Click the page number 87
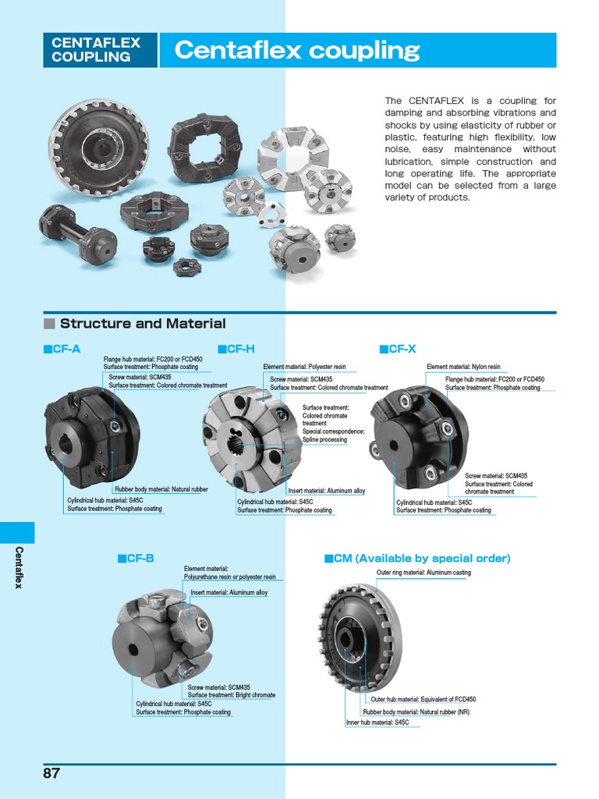pos(51,774)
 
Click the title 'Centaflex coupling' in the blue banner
pos(297,51)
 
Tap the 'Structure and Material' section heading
pos(143,324)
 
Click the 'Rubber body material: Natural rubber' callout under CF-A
pos(161,489)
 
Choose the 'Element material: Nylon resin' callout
pos(463,367)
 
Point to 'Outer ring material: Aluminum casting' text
pos(424,573)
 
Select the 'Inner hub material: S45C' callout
pos(377,723)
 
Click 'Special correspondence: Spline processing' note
pos(333,435)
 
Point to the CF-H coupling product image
pos(251,441)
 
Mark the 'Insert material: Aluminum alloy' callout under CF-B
pos(229,593)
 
